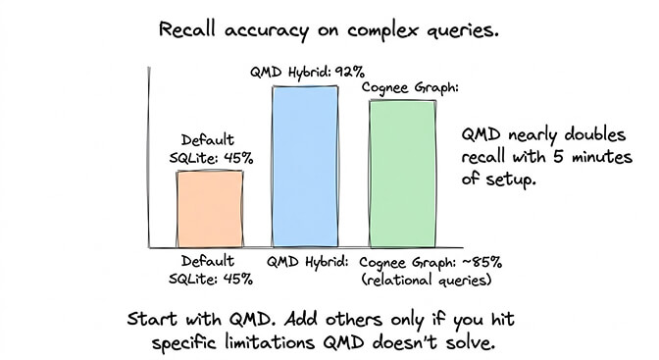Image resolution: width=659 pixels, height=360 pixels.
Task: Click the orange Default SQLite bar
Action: pos(210,208)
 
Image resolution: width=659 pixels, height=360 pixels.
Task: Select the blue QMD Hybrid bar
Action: pos(305,165)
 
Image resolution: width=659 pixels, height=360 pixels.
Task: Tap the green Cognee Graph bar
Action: pos(401,172)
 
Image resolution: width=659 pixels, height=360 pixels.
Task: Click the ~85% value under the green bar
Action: pos(482,262)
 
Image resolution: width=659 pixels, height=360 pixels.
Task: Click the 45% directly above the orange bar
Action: pos(234,158)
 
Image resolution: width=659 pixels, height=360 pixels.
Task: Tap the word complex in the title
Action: pos(376,29)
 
